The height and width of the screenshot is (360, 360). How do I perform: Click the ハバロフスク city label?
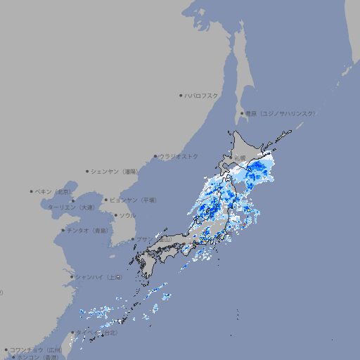coord(201,95)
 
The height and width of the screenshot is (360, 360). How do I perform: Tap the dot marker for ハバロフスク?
coord(181,95)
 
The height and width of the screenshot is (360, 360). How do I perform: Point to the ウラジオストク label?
coord(179,156)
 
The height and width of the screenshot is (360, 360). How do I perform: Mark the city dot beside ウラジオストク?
coord(155,156)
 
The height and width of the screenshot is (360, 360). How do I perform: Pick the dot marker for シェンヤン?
coord(87,171)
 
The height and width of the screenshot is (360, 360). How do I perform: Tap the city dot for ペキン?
coord(32,191)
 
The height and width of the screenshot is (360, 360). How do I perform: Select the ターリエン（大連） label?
coord(71,207)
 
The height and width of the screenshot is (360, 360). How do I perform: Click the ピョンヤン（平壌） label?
coord(133,200)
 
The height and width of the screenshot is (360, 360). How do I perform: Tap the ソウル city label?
coord(127,215)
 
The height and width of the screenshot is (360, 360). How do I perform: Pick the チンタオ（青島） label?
coord(88,230)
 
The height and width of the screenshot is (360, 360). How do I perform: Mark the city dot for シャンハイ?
coord(72,277)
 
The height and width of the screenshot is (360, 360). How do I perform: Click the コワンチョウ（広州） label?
coord(36,349)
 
